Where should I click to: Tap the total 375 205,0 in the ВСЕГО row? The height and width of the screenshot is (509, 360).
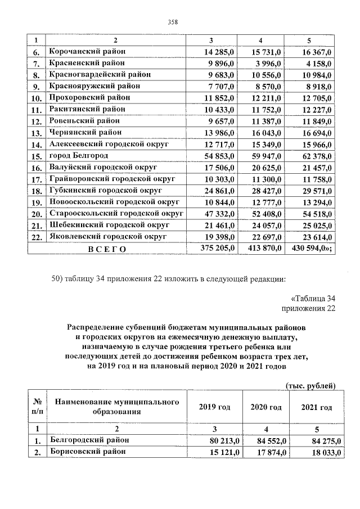click(217, 247)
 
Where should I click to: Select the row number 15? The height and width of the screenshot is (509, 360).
click(37, 156)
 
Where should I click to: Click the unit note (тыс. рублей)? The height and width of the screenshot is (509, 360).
click(310, 385)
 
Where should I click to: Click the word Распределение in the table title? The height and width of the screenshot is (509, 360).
click(95, 326)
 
